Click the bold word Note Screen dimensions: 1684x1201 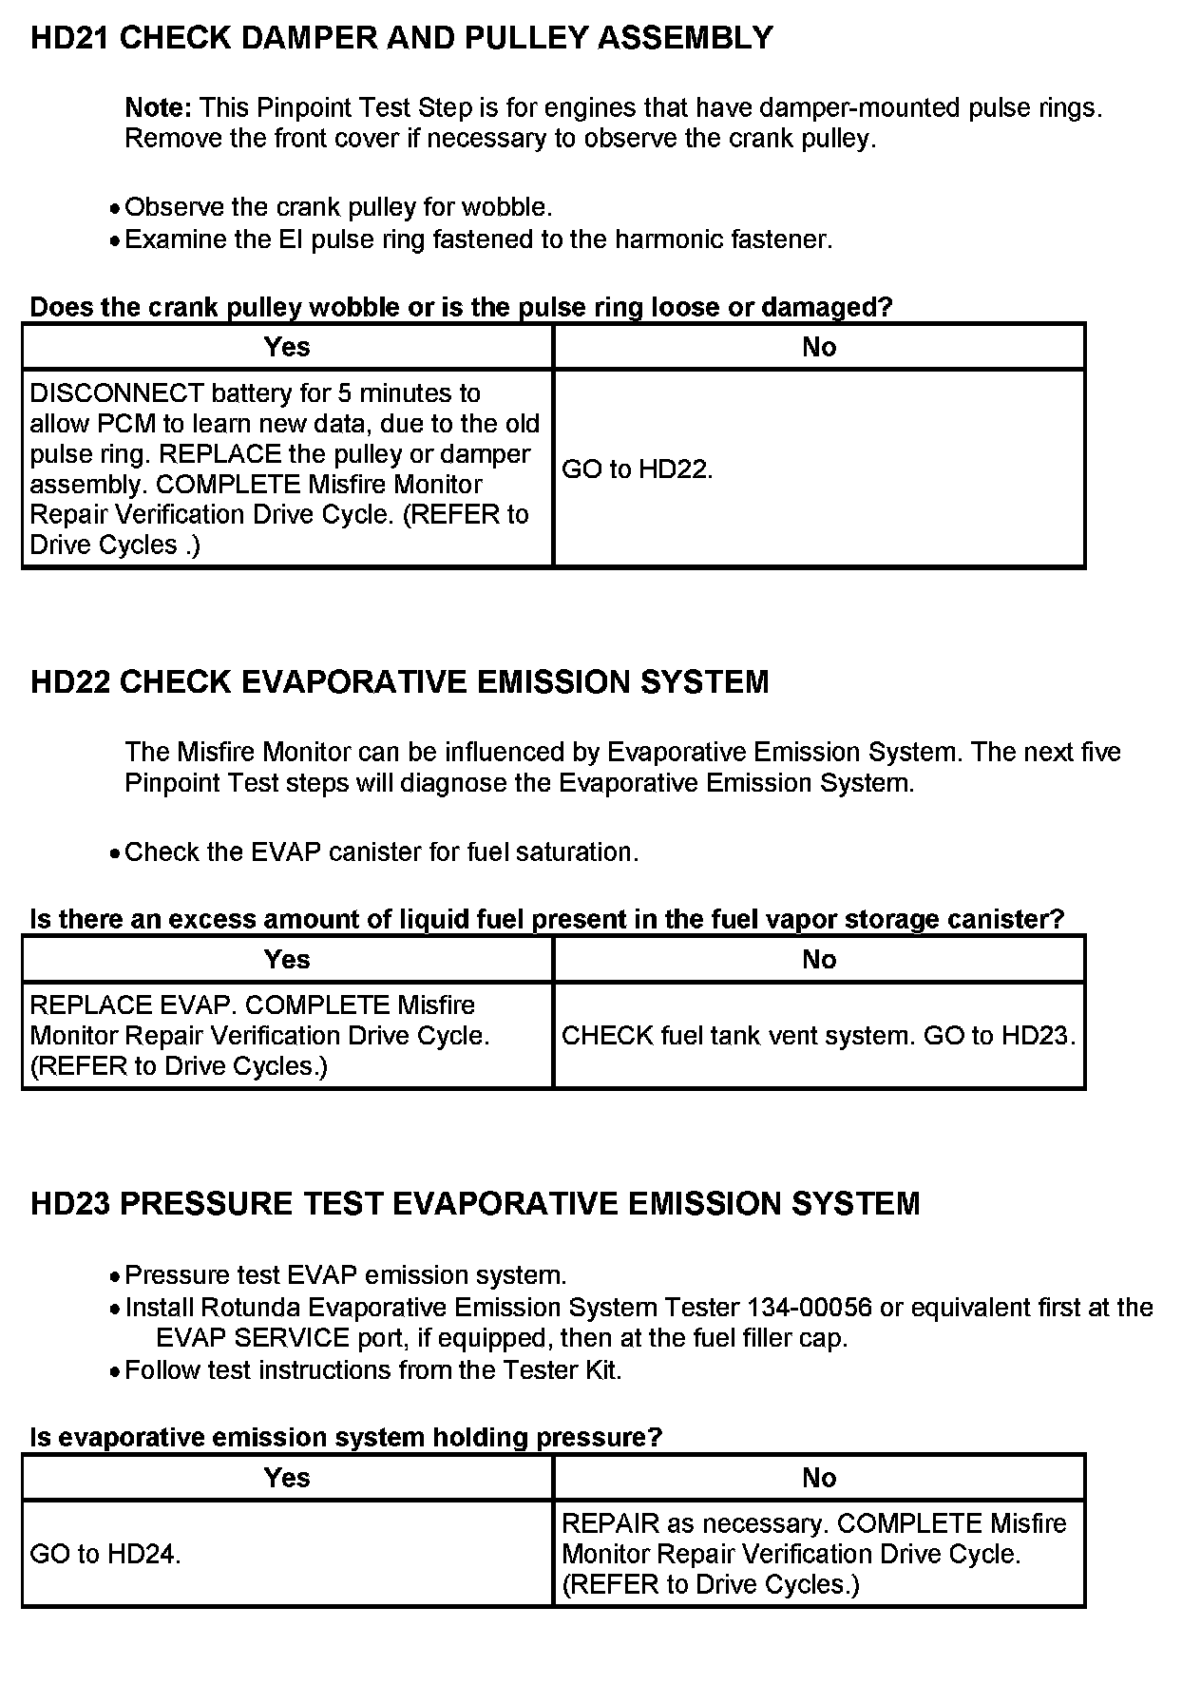[158, 108]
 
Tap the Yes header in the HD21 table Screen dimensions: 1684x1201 [287, 347]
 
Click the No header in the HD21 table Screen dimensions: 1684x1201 [818, 347]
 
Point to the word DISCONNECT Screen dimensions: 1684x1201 [117, 393]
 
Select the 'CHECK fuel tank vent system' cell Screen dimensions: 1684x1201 [818, 1036]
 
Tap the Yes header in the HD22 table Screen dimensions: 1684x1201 [287, 960]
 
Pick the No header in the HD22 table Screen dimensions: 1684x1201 [818, 960]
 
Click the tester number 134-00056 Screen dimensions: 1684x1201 [810, 1308]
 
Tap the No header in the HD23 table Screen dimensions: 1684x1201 [818, 1478]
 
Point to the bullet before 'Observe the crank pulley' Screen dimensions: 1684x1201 [114, 209]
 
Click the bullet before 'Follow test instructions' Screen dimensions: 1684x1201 [114, 1372]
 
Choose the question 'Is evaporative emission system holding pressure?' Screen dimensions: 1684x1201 [346, 1437]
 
